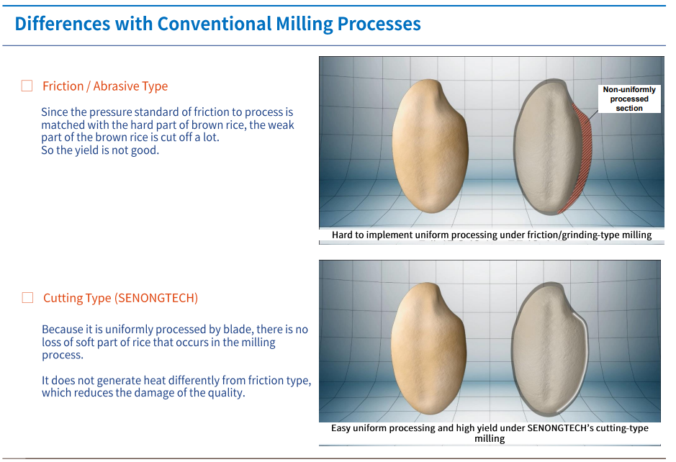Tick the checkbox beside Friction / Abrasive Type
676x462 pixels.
[x=27, y=86]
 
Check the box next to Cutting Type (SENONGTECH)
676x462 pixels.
[x=27, y=297]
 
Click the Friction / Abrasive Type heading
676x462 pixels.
[x=105, y=86]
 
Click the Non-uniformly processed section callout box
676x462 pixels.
[x=629, y=99]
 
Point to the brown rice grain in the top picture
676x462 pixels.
[x=430, y=145]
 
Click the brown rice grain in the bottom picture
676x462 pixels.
[x=428, y=348]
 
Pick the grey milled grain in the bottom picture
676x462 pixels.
[x=549, y=349]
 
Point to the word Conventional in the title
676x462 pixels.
[x=214, y=24]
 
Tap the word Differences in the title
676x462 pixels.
[x=63, y=24]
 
